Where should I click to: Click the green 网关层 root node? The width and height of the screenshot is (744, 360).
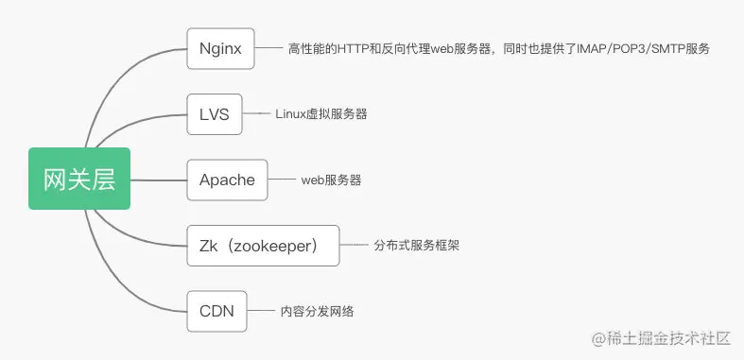pyautogui.click(x=79, y=179)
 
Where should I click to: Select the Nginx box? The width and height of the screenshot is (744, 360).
pyautogui.click(x=220, y=48)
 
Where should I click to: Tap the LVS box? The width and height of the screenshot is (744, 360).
pyautogui.click(x=215, y=114)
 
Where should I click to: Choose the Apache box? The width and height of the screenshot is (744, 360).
pyautogui.click(x=227, y=180)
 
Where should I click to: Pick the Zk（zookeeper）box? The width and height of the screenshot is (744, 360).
pyautogui.click(x=264, y=246)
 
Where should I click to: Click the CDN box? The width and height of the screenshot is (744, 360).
pyautogui.click(x=216, y=311)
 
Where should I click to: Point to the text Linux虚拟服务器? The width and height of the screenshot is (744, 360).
pyautogui.click(x=321, y=113)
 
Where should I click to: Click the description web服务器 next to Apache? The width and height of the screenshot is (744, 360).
pyautogui.click(x=331, y=180)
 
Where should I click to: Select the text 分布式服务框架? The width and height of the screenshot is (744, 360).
pyautogui.click(x=417, y=246)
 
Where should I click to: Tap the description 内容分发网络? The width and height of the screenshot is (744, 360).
pyautogui.click(x=317, y=311)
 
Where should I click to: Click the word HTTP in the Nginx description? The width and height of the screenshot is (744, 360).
pyautogui.click(x=353, y=49)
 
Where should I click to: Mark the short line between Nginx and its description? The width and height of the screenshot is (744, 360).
pyautogui.click(x=269, y=48)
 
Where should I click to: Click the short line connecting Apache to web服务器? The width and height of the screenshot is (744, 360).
pyautogui.click(x=282, y=180)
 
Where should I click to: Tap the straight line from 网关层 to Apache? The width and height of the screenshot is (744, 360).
pyautogui.click(x=159, y=180)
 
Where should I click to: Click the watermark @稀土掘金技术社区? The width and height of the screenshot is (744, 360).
pyautogui.click(x=661, y=338)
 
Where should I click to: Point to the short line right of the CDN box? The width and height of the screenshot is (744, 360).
pyautogui.click(x=261, y=311)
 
